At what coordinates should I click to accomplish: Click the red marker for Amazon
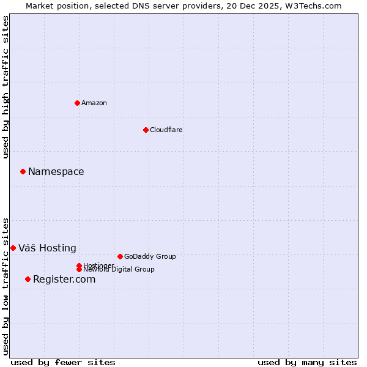tap(77, 103)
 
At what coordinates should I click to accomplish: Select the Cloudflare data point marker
tap(146, 130)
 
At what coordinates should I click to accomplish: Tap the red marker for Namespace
tap(23, 172)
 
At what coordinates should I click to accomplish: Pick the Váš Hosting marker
tap(13, 248)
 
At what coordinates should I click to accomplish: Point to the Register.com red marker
tap(28, 280)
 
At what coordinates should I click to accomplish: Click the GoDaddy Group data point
tap(120, 256)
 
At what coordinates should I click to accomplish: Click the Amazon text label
tap(94, 103)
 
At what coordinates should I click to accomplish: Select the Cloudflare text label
tap(166, 130)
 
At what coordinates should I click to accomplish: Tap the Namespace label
tap(56, 172)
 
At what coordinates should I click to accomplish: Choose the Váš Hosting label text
tap(47, 248)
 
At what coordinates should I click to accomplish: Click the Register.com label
tap(64, 280)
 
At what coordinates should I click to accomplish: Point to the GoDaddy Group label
tap(150, 256)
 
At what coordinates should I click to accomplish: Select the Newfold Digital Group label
tap(119, 270)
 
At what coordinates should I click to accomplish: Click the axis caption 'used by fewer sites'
tap(63, 362)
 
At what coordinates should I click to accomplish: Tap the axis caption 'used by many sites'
tap(307, 362)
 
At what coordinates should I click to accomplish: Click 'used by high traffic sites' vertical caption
tap(6, 87)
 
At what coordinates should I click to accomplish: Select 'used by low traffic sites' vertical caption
tap(6, 286)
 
